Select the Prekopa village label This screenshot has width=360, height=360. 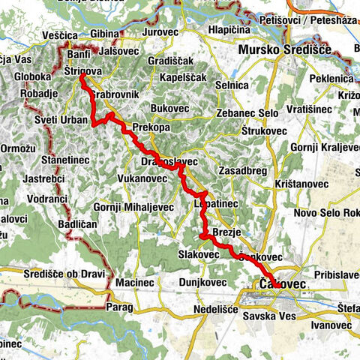click(150, 127)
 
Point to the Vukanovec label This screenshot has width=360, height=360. click(142, 179)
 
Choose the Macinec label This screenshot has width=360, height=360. click(135, 283)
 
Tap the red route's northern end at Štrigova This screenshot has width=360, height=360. click(81, 74)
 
